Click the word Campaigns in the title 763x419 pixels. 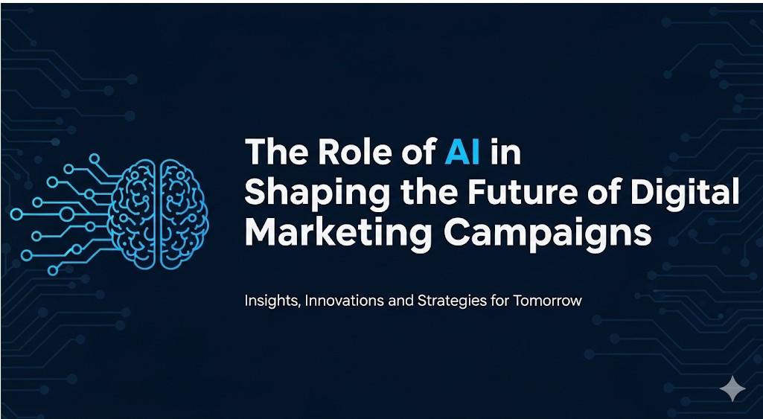[547, 234]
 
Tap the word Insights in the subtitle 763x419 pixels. [273, 301]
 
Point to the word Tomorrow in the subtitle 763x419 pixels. [547, 300]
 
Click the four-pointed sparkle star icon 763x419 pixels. [732, 388]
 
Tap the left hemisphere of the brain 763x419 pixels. [132, 214]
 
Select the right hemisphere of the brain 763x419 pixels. [184, 214]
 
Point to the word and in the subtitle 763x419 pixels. [400, 300]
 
